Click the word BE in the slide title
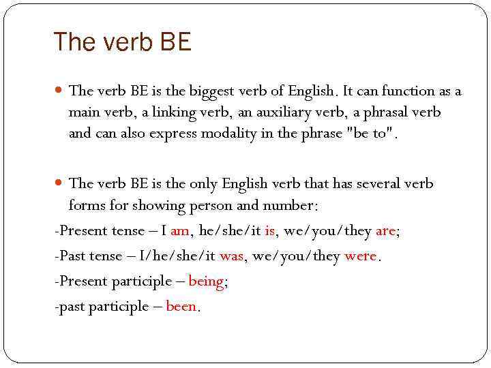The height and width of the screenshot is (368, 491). coord(176,42)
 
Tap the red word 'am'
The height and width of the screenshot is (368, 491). coord(180,231)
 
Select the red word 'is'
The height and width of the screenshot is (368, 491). coord(270,231)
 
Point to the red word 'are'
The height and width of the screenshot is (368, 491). coord(385,231)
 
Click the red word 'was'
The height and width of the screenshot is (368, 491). coord(231,256)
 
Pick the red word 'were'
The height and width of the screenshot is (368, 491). coord(361,256)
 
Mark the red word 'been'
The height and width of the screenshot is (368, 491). coord(181,307)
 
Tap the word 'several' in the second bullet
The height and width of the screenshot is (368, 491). coord(372,184)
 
